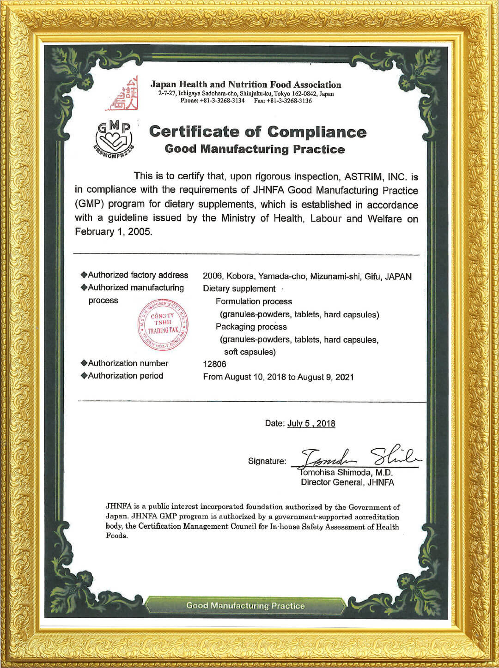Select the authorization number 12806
click(x=214, y=364)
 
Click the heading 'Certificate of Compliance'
click(x=257, y=132)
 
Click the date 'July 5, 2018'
click(x=311, y=423)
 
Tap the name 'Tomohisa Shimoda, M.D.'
click(x=347, y=472)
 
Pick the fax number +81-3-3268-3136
click(x=289, y=101)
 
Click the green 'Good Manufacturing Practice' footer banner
click(x=245, y=606)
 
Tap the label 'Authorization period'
click(x=125, y=376)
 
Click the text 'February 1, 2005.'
click(x=113, y=232)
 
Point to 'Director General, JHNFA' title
click(x=347, y=482)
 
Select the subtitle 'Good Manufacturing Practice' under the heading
click(x=255, y=149)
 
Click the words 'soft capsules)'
click(x=250, y=352)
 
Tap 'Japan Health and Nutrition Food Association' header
click(x=246, y=85)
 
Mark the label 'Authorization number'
click(x=128, y=363)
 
